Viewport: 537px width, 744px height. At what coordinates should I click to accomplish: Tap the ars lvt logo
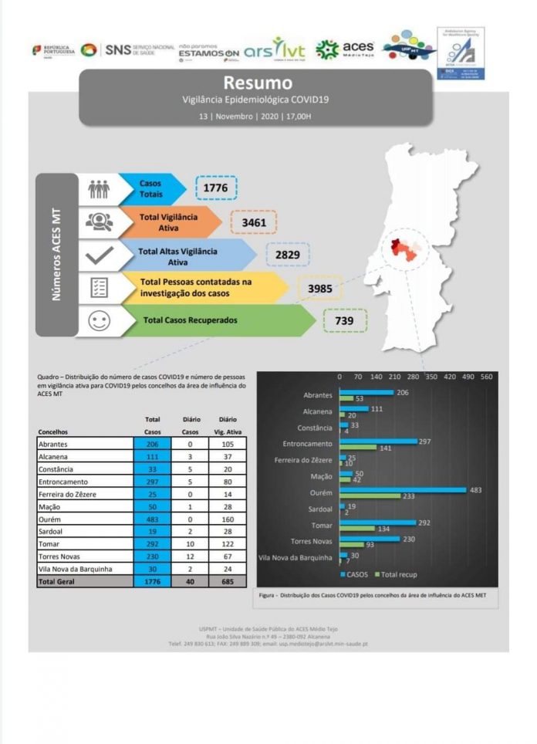(x=274, y=50)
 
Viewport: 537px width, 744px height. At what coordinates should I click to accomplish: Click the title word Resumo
(x=258, y=83)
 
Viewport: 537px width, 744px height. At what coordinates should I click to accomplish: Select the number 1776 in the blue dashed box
(x=216, y=188)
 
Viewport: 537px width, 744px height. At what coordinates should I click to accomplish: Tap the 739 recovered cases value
(x=344, y=320)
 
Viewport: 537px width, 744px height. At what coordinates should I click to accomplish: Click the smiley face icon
(x=99, y=321)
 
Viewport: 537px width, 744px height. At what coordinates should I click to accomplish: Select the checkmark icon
(x=99, y=255)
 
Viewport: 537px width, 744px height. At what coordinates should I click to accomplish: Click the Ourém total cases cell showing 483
(x=152, y=519)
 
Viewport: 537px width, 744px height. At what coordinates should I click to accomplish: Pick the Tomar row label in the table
(x=50, y=544)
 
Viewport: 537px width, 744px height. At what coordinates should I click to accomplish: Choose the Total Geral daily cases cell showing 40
(x=191, y=581)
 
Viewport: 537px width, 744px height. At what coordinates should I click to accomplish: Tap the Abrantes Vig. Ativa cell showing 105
(x=228, y=445)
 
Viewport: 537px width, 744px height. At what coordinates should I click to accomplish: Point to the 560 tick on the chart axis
(x=486, y=377)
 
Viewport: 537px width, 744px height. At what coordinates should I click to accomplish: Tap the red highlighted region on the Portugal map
(x=398, y=249)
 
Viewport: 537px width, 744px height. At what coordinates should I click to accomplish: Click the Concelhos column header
(x=53, y=431)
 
